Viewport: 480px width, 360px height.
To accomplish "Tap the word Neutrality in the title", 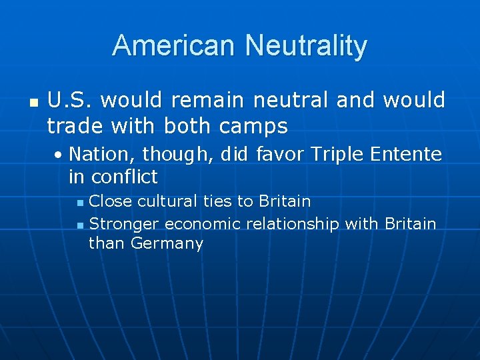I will [306, 46].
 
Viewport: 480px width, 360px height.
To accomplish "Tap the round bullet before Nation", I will [59, 155].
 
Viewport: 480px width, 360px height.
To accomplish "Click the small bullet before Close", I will [80, 202].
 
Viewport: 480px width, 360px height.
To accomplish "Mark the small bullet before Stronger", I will [80, 225].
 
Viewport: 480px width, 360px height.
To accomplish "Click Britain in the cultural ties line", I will [285, 201].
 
